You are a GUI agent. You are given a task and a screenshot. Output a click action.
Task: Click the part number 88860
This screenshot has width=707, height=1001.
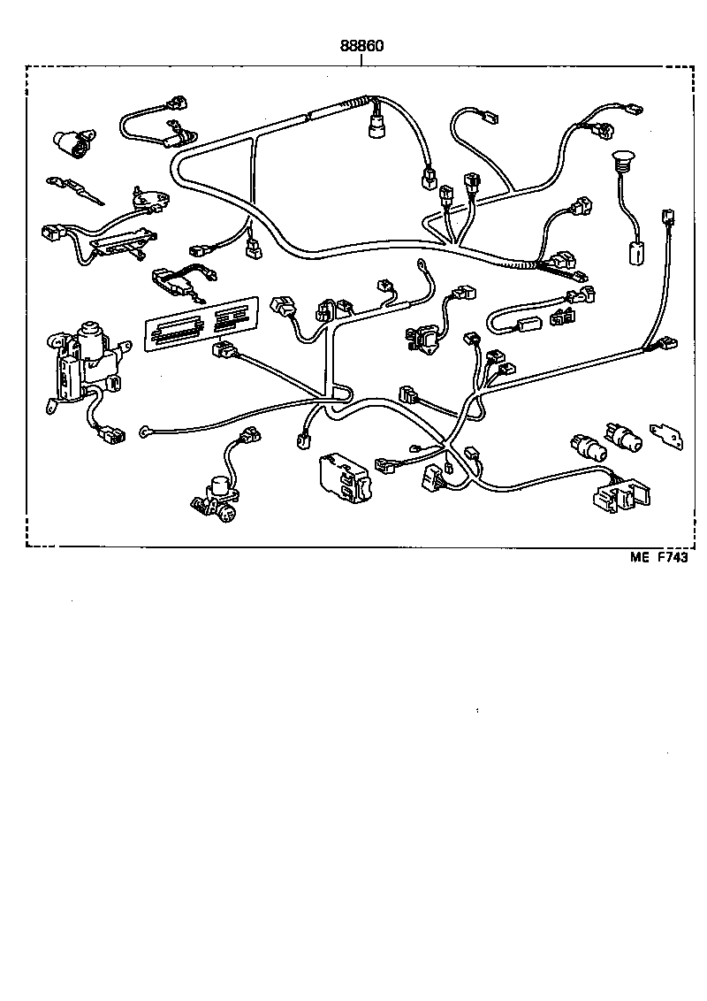point(361,45)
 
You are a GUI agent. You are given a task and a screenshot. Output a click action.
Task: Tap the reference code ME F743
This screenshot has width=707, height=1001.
point(658,556)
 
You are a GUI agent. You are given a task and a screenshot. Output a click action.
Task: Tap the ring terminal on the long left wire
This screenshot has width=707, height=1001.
point(147,432)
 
